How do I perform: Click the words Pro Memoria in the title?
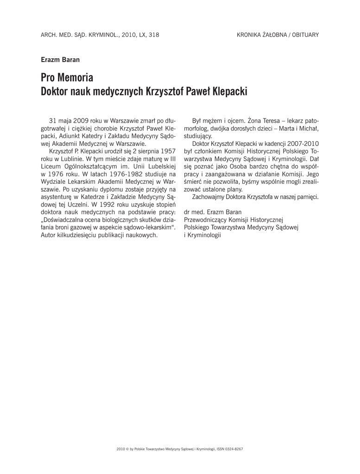click(67, 77)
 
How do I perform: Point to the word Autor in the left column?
click(49, 235)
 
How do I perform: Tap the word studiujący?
click(198, 136)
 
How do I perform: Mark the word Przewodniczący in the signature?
click(207, 220)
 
